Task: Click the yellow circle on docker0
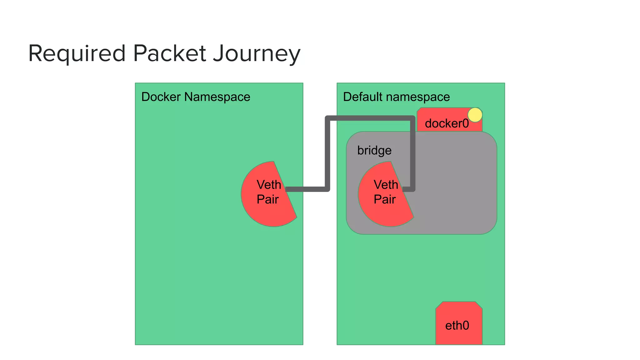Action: [x=475, y=115]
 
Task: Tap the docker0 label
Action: [x=447, y=123]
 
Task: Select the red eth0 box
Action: [x=459, y=323]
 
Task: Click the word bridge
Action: [x=374, y=151]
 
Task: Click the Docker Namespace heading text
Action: [x=196, y=97]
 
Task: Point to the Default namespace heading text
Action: [x=396, y=97]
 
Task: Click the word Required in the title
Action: [x=77, y=53]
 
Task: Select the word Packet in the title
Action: [x=169, y=53]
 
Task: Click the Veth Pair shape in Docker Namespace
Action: [x=266, y=206]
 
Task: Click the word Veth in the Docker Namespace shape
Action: [x=269, y=185]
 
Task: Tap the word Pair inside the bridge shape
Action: [x=384, y=199]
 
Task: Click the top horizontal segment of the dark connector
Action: [x=370, y=118]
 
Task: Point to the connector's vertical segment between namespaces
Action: [x=327, y=153]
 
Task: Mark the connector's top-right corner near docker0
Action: [x=412, y=118]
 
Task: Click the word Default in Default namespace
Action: [x=362, y=97]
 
